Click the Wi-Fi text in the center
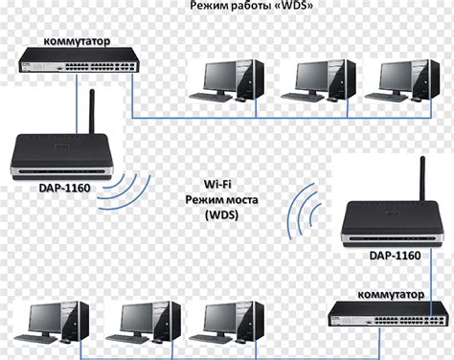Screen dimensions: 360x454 [x=222, y=182]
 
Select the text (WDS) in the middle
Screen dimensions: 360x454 [x=222, y=216]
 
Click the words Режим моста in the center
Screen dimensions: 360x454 [x=222, y=199]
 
